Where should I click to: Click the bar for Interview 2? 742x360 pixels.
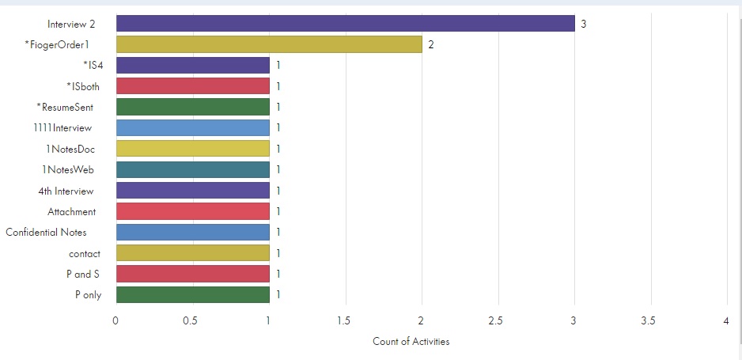345,24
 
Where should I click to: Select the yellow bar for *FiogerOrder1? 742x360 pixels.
269,44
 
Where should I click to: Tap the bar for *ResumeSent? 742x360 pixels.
192,107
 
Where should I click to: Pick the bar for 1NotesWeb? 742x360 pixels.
192,169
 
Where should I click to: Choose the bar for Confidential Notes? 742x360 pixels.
192,232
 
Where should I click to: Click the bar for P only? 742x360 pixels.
192,294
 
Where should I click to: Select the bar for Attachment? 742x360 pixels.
192,211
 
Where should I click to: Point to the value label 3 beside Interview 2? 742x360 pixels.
583,24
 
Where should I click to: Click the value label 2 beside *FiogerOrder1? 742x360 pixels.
431,44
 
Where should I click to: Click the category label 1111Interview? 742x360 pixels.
69,127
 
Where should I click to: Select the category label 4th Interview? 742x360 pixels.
66,191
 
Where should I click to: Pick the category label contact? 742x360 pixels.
85,253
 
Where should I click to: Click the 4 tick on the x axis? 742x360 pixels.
725,322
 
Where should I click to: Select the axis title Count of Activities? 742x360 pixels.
411,342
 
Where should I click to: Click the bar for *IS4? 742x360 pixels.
192,66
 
